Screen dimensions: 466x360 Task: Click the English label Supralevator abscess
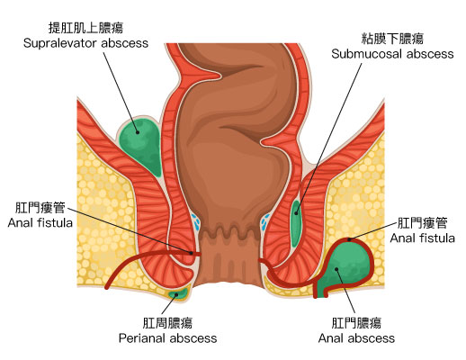(85, 43)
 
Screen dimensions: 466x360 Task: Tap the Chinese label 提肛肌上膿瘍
(85, 28)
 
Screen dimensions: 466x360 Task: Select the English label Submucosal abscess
(392, 54)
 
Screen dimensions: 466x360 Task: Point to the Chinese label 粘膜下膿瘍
(392, 39)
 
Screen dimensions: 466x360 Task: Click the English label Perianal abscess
(167, 338)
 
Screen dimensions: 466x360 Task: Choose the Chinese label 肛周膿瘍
(167, 323)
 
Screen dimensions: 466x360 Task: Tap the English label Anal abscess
(356, 338)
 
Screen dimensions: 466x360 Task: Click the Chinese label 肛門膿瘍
(356, 323)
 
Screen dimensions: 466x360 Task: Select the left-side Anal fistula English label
(40, 223)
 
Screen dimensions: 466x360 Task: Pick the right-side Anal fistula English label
(422, 238)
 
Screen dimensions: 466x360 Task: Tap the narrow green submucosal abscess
(296, 222)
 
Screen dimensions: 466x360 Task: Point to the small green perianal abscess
(178, 294)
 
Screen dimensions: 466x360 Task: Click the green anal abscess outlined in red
(345, 267)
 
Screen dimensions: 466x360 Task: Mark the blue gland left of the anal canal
(196, 221)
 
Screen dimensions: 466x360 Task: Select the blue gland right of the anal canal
(265, 222)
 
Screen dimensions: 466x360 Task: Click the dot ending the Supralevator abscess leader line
(138, 132)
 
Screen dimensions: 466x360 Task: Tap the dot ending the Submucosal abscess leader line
(296, 213)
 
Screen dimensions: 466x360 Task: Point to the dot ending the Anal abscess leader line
(336, 269)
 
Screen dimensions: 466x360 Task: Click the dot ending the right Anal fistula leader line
(349, 239)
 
